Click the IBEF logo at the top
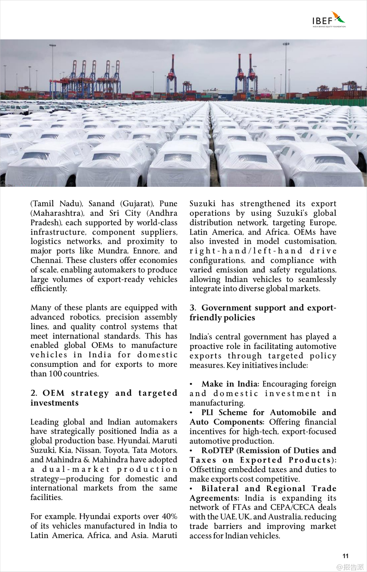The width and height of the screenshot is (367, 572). [328, 19]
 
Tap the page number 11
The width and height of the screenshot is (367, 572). [345, 556]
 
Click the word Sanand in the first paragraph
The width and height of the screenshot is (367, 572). [101, 204]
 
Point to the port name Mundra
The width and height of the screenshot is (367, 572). [113, 251]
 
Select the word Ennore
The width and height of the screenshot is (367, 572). [146, 251]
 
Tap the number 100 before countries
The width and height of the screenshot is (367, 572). [55, 374]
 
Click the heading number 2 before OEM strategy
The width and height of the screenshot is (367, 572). [34, 393]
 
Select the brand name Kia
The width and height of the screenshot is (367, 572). [65, 450]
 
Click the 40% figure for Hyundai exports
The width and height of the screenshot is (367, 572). [169, 516]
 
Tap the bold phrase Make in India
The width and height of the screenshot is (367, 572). [230, 384]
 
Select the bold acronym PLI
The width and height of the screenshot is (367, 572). [208, 413]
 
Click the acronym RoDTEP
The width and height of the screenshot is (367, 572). [217, 450]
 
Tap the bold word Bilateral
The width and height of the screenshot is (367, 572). [220, 488]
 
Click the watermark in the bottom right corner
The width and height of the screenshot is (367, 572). [350, 567]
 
